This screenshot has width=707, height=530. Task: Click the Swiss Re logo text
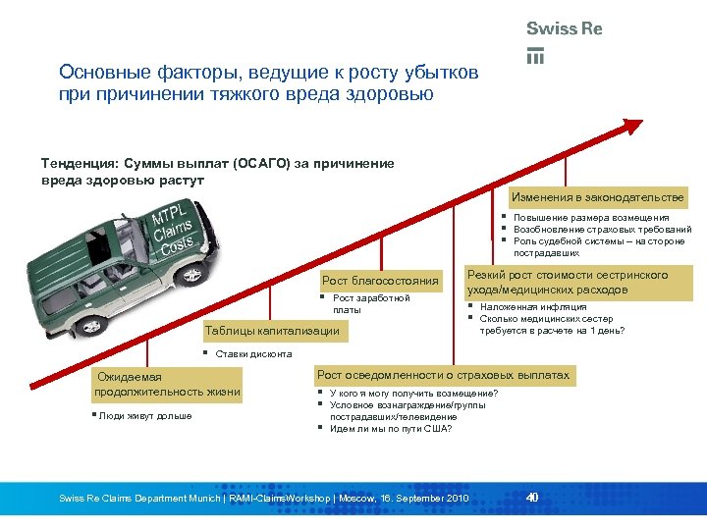564,29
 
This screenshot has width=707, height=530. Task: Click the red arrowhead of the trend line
633,126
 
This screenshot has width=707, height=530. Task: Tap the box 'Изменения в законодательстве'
599,197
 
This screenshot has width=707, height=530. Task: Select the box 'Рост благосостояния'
381,283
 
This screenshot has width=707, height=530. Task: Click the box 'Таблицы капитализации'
272,331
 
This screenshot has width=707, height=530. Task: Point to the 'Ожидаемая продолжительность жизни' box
166,385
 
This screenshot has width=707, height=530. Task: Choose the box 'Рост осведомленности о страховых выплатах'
443,375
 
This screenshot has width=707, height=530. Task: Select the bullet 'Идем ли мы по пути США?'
391,429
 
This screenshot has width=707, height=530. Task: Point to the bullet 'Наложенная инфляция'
526,307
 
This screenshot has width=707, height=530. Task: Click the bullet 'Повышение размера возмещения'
591,218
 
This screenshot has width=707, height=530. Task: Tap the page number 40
532,498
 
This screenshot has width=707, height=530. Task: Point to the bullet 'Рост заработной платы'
370,303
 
